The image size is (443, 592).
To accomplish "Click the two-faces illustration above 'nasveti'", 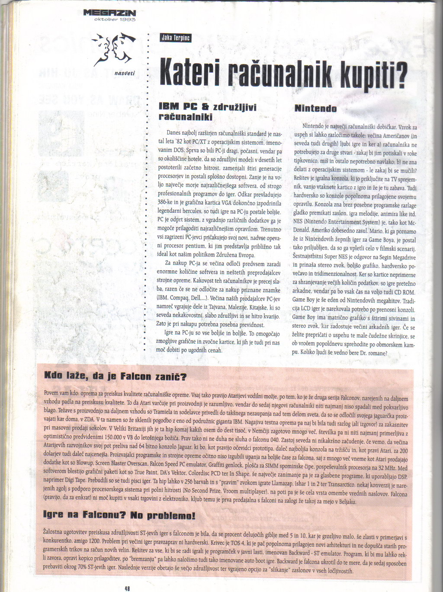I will [113, 48].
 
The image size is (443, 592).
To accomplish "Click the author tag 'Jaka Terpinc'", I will [176, 38].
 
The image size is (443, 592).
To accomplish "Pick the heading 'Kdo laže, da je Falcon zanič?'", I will [116, 377].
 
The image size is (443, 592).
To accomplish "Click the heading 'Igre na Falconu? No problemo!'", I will [119, 515].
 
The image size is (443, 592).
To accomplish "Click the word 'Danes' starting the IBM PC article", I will [173, 133].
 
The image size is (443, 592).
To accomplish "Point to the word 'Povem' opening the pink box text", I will [51, 394].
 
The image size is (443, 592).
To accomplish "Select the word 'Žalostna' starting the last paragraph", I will [55, 531].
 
